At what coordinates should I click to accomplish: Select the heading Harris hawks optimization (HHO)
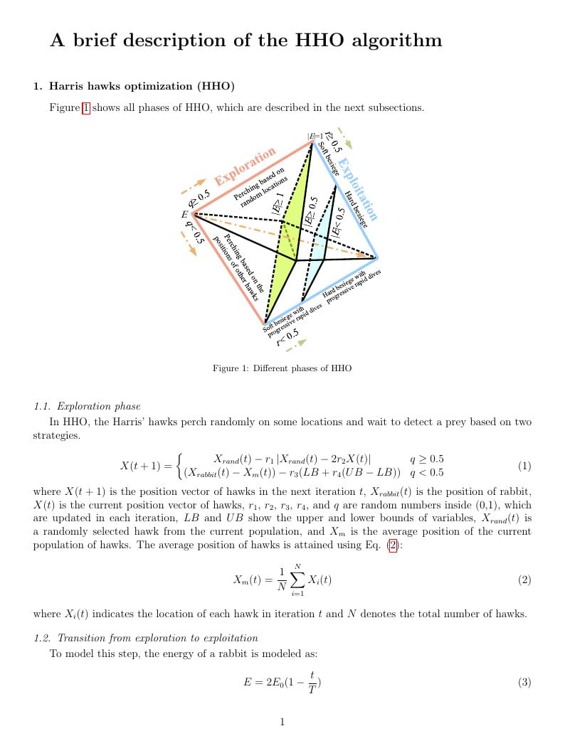[142, 87]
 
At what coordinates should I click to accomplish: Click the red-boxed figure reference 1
[86, 108]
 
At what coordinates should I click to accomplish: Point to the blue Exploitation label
[357, 189]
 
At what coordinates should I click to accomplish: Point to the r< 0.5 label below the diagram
[287, 337]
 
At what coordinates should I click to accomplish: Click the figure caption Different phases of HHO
[282, 368]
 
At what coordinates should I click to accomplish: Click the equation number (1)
[524, 466]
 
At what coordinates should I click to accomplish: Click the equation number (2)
[524, 580]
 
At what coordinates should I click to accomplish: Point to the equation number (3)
[524, 683]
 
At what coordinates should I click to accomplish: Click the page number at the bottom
[282, 722]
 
